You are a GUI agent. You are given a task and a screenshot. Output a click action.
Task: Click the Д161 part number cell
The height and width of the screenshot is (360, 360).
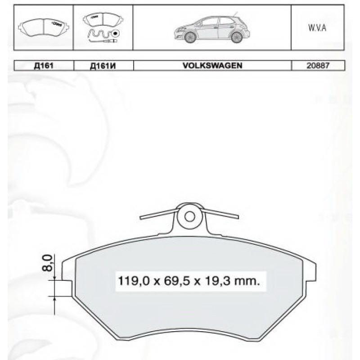tap(44, 66)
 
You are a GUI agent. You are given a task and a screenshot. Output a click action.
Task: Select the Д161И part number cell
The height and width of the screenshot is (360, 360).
tap(103, 66)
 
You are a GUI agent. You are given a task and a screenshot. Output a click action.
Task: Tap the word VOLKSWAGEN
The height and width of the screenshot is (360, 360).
tap(212, 65)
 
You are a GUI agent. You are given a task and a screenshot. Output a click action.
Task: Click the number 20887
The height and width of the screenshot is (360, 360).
tap(318, 65)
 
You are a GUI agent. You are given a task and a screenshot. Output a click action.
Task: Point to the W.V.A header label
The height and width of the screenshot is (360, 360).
tap(317, 28)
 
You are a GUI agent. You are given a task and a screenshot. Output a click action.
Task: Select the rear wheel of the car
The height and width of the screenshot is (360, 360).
tap(235, 38)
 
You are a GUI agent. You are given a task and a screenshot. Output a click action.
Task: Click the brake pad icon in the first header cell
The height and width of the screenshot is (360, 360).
tap(44, 27)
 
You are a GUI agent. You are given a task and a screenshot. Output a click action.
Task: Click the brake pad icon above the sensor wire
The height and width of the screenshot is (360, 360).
tap(99, 19)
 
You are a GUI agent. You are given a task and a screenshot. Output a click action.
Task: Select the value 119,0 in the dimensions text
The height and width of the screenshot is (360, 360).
tap(132, 282)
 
